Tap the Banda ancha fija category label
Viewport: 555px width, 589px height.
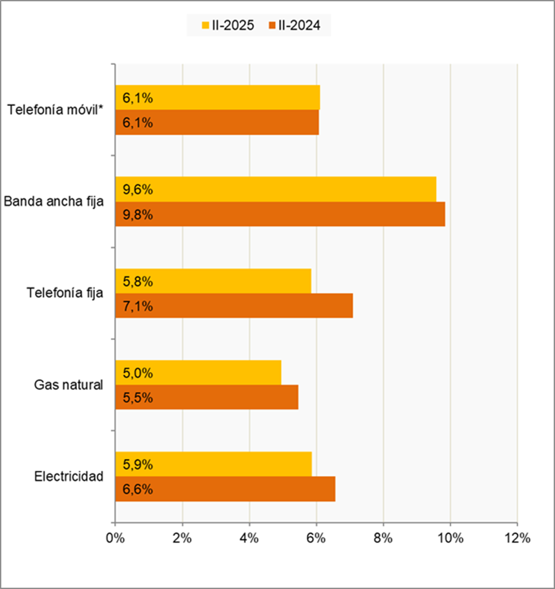(54, 201)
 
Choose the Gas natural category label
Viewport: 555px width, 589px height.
(69, 385)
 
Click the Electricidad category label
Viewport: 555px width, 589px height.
(69, 477)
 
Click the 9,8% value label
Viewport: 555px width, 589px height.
(137, 214)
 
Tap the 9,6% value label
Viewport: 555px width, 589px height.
(137, 190)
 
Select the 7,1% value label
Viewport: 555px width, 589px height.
(137, 306)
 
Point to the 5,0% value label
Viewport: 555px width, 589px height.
(137, 373)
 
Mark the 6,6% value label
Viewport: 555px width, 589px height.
(137, 490)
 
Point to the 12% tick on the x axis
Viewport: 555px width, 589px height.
(517, 538)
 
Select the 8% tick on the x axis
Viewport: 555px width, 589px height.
(383, 538)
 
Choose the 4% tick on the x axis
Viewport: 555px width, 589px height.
(249, 538)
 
